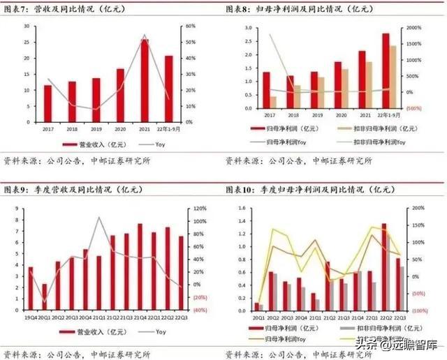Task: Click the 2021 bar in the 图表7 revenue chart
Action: coord(145,80)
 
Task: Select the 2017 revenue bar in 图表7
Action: coord(47,103)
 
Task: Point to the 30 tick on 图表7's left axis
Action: coord(26,26)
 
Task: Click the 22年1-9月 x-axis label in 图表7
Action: coord(169,129)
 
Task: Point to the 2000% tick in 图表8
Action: coord(414,27)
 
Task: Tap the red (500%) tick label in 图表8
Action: coord(413,108)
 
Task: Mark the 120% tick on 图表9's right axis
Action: coord(200,209)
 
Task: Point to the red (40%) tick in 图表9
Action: coord(200,310)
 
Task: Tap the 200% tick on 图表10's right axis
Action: coord(418,209)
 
